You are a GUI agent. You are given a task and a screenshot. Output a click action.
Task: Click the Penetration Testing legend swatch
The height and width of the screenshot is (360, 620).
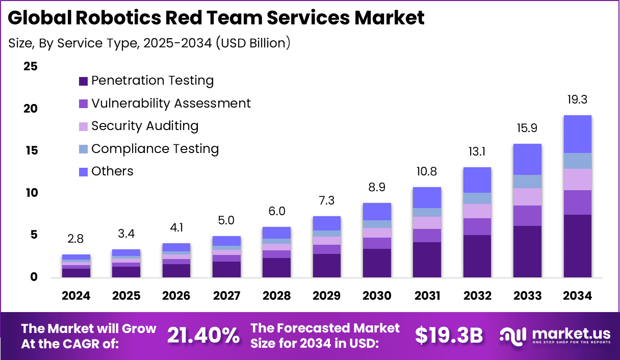click(x=83, y=81)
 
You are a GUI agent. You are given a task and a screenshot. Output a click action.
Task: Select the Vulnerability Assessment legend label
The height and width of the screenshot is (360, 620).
click(x=171, y=104)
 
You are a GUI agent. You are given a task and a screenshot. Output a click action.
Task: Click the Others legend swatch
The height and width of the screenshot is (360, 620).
click(x=83, y=172)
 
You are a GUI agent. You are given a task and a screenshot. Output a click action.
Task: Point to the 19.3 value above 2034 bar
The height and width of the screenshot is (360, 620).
click(x=577, y=100)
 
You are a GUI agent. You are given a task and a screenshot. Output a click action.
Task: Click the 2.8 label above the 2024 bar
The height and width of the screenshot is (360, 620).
click(x=76, y=239)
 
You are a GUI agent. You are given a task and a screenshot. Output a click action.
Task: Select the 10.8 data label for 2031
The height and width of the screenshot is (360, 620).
click(x=427, y=172)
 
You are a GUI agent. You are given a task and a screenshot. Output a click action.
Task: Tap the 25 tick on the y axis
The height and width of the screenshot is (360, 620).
click(x=30, y=67)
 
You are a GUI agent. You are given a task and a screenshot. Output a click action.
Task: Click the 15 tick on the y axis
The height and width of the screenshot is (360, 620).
click(x=30, y=151)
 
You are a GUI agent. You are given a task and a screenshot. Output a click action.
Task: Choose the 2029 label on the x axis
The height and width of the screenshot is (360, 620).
click(x=327, y=296)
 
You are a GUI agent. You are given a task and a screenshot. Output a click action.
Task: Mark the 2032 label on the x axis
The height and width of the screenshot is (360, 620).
click(x=477, y=296)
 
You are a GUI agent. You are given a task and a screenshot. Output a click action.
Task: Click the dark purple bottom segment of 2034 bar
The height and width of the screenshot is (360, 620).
click(x=577, y=246)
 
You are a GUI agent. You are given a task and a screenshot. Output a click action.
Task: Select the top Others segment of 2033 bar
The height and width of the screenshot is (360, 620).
click(x=527, y=159)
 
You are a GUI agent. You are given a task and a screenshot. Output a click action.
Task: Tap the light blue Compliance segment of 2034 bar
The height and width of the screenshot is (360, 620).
click(x=577, y=161)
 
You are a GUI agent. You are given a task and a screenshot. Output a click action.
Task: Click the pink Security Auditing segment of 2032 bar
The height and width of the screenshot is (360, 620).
click(x=477, y=211)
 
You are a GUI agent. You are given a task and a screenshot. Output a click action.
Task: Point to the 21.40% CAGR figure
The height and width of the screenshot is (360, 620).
click(x=203, y=336)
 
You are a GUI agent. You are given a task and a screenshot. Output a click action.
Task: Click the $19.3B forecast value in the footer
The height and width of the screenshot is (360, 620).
click(x=449, y=336)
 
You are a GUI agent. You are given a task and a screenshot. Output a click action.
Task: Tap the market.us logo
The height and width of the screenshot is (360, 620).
click(x=554, y=336)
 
